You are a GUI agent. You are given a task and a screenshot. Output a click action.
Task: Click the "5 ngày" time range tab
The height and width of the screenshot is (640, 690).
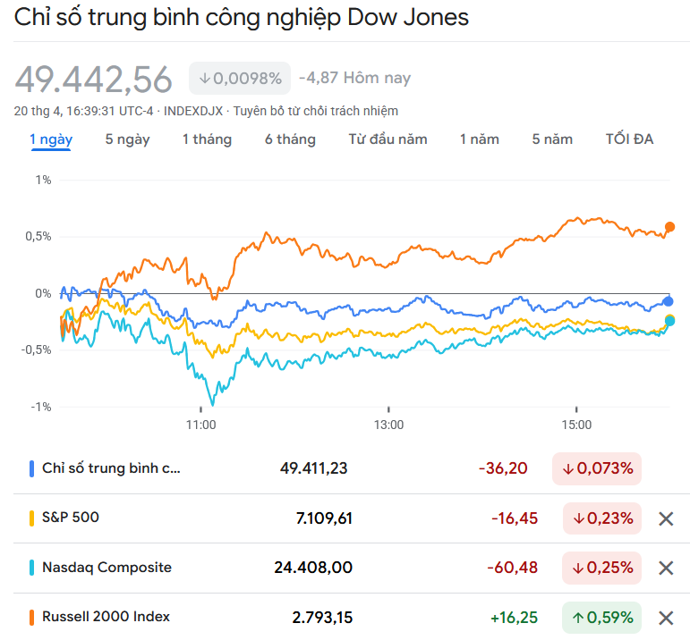127,139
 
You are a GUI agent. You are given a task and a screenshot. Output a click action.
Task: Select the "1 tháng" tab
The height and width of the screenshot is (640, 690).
207,139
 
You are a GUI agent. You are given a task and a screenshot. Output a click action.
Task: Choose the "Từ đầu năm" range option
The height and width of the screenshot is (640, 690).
388,139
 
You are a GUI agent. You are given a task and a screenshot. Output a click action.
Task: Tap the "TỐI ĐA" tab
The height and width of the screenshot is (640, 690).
629,139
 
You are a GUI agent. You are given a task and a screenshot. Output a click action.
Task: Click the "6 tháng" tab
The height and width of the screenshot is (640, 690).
290,139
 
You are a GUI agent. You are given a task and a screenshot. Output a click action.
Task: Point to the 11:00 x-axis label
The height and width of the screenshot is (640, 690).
201,425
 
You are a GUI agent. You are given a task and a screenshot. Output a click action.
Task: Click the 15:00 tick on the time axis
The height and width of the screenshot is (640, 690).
576,425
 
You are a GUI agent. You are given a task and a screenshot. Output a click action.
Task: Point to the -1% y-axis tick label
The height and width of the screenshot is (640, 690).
40,408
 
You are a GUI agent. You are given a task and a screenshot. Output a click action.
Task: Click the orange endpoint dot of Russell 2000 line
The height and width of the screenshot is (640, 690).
669,227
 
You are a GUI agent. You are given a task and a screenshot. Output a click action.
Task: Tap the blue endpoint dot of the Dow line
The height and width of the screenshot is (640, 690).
669,301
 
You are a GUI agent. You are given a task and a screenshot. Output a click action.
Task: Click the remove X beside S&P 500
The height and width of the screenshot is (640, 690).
666,518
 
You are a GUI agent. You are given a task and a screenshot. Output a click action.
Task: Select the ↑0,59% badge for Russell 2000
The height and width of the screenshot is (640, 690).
601,617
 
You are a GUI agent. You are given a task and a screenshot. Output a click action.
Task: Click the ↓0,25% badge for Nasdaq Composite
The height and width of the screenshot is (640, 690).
601,568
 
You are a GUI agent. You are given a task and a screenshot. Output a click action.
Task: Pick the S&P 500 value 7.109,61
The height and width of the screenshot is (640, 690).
324,518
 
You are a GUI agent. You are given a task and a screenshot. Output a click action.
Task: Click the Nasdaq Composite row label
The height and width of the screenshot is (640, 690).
106,568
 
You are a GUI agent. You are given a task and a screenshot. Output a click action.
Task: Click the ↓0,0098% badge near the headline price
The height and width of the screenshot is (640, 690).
240,79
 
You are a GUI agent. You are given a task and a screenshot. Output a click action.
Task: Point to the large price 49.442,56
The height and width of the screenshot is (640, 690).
94,80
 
